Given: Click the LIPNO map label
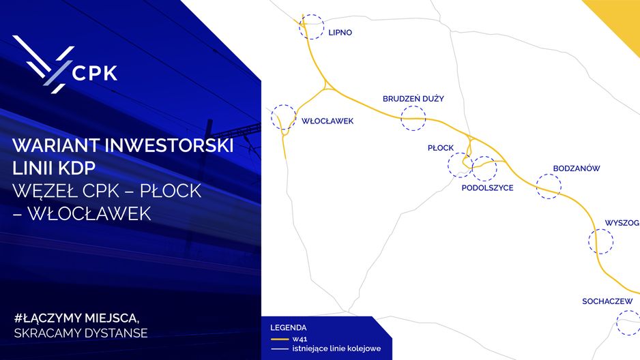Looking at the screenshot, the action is [x=340, y=33].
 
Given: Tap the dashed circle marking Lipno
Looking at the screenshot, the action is [x=311, y=15].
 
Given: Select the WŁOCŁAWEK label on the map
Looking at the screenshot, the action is [x=328, y=121].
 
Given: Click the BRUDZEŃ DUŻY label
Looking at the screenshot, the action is [x=413, y=99].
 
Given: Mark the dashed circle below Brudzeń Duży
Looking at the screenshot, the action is [x=413, y=106].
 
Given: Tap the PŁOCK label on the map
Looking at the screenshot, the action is [x=440, y=148].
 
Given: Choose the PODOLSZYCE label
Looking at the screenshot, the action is [x=487, y=188].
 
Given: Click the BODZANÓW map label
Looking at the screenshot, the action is [x=577, y=168].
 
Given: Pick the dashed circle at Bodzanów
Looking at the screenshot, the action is [x=549, y=175].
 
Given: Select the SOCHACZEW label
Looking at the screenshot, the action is [x=607, y=301].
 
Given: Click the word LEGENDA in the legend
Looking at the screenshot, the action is [x=288, y=328].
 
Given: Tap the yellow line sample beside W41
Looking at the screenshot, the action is [x=280, y=340].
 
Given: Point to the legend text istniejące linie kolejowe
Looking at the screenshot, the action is [x=336, y=348].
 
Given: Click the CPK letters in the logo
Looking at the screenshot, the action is [x=95, y=73].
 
